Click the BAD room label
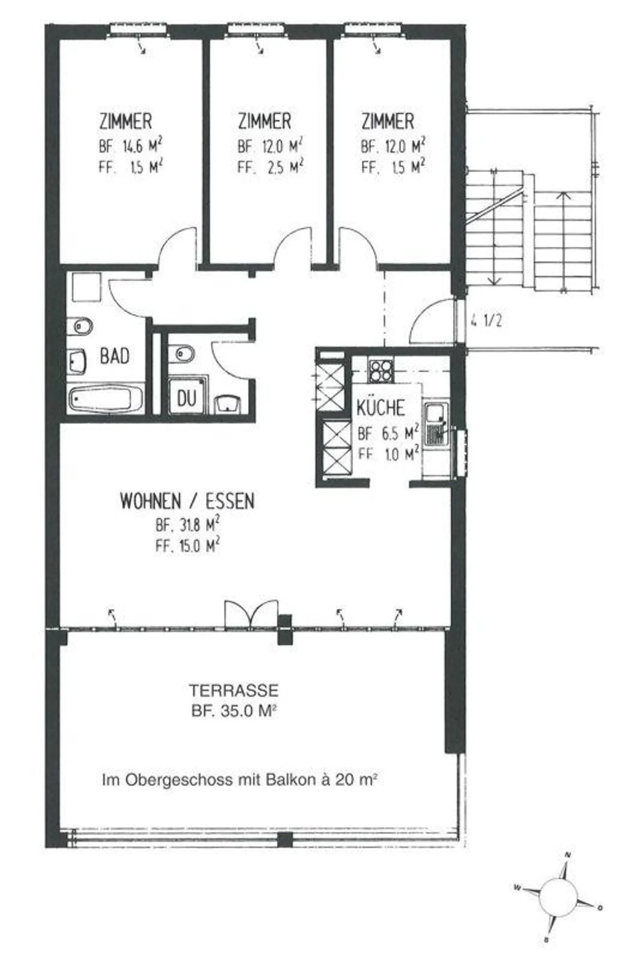(114, 356)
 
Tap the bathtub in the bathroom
(105, 399)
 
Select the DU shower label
(186, 398)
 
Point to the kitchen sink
(436, 424)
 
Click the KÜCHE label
(381, 408)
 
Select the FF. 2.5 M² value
(270, 167)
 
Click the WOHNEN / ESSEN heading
(187, 501)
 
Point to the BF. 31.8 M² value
(187, 526)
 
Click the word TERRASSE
(234, 691)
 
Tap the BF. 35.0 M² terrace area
(234, 711)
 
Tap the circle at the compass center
(559, 898)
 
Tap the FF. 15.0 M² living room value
(187, 546)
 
